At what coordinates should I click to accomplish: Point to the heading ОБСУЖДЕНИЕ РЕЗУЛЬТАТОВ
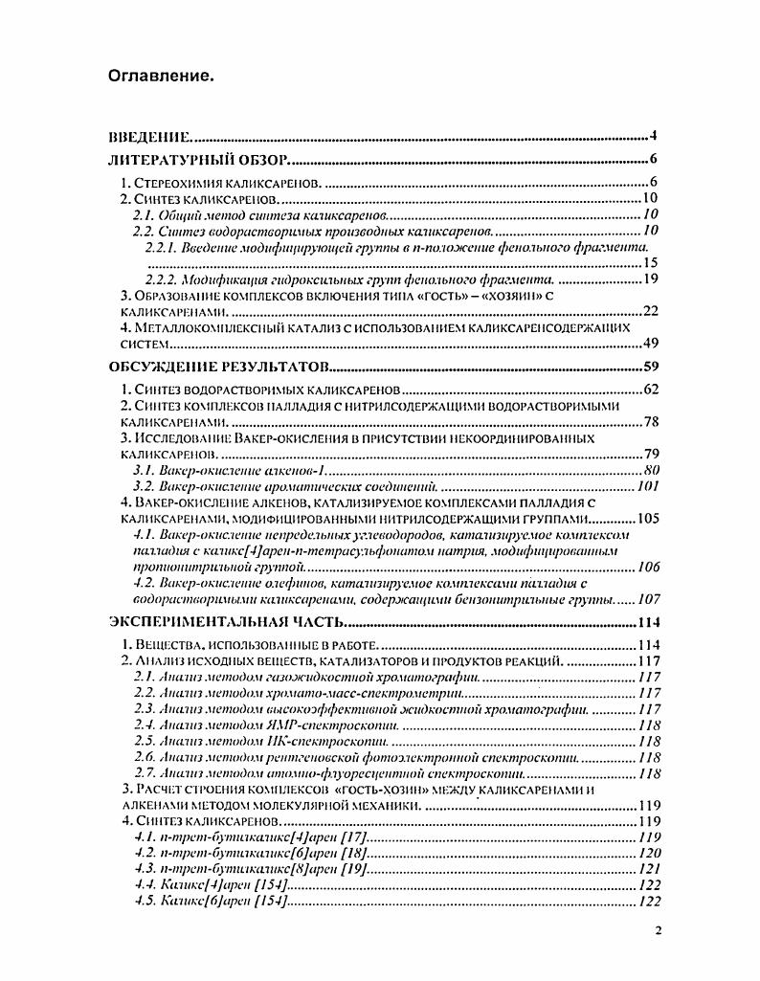[221, 366]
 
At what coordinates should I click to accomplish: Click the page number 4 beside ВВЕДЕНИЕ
[651, 135]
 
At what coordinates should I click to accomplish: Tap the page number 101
[648, 486]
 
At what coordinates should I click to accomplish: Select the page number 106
[648, 568]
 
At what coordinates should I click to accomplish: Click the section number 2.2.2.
[164, 279]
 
